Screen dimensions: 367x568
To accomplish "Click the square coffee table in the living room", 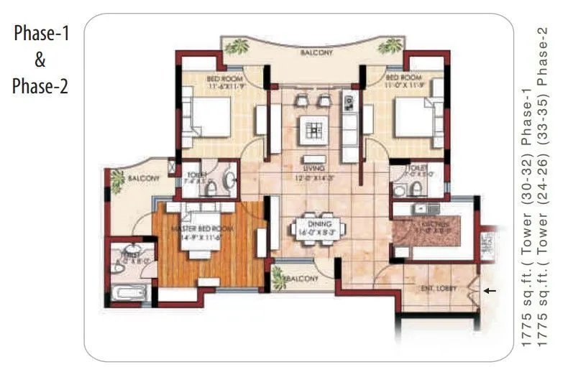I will click(x=315, y=129).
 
